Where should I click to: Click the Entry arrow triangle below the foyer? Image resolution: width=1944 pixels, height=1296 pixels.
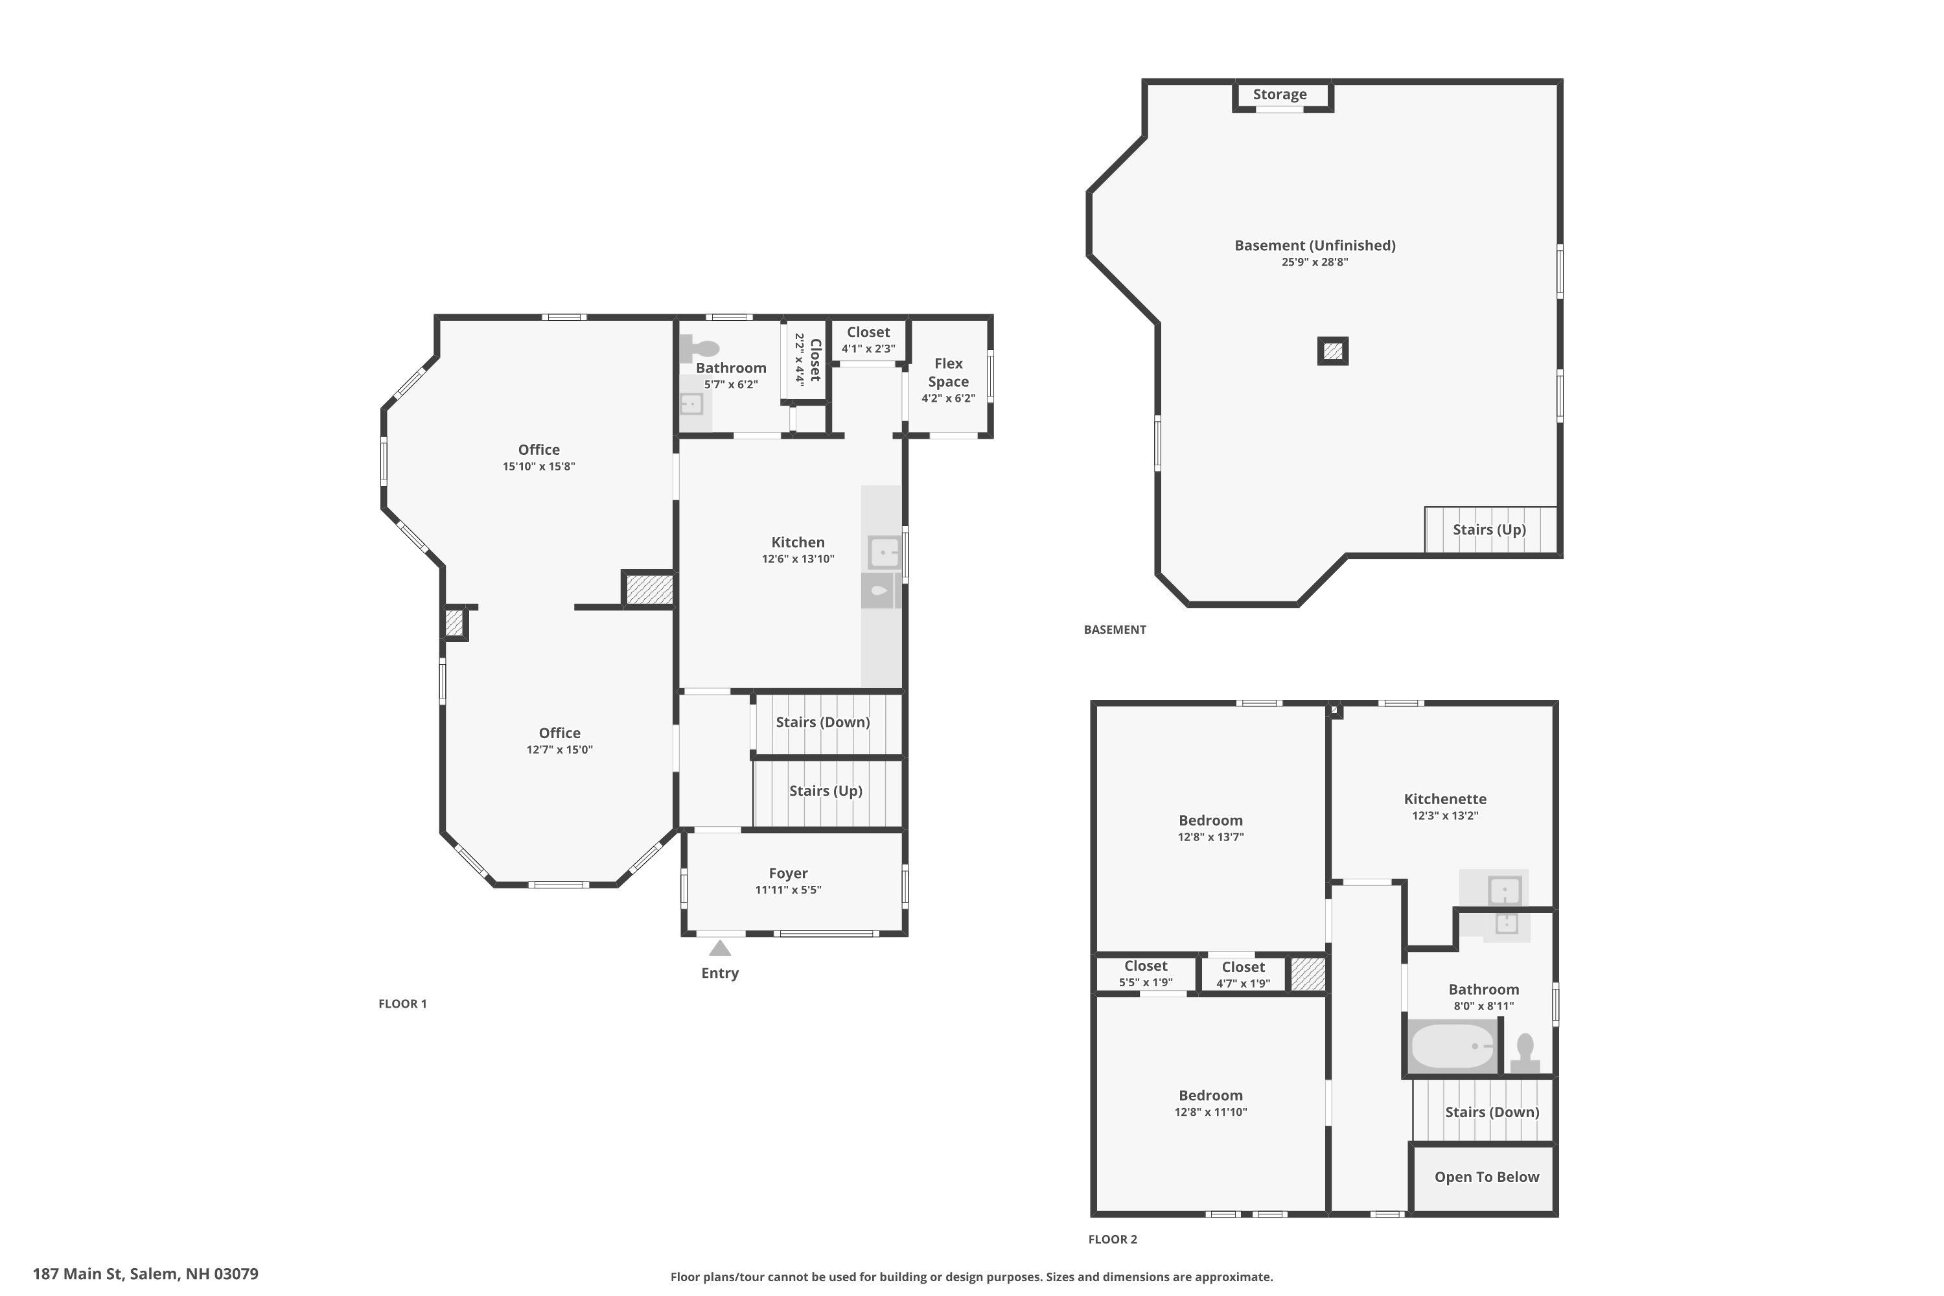(x=720, y=948)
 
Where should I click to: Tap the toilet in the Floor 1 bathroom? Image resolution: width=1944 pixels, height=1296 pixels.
(x=699, y=348)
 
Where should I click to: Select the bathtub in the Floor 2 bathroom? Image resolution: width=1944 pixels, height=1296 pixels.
(x=1452, y=1047)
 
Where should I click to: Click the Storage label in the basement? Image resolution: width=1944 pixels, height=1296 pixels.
(x=1279, y=94)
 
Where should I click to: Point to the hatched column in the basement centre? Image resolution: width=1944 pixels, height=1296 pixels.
(x=1332, y=351)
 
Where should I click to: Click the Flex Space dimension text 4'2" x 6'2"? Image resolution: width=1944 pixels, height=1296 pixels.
(x=948, y=399)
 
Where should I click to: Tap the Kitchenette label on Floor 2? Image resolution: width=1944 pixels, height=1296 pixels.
(x=1445, y=798)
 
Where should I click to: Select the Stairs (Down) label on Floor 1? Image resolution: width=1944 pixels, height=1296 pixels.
(x=822, y=722)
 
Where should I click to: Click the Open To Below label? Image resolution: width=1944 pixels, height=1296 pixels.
(x=1486, y=1176)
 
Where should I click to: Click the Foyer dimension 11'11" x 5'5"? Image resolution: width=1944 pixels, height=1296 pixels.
(x=788, y=889)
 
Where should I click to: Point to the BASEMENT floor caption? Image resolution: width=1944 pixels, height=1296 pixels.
(x=1114, y=630)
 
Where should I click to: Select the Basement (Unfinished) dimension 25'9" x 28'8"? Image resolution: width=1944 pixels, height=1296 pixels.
(x=1314, y=262)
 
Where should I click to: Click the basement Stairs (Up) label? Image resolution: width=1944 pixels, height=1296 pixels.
(x=1488, y=529)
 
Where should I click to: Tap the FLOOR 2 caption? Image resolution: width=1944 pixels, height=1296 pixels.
(x=1112, y=1239)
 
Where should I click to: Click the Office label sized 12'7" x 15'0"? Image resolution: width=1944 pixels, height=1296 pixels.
(x=560, y=733)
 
